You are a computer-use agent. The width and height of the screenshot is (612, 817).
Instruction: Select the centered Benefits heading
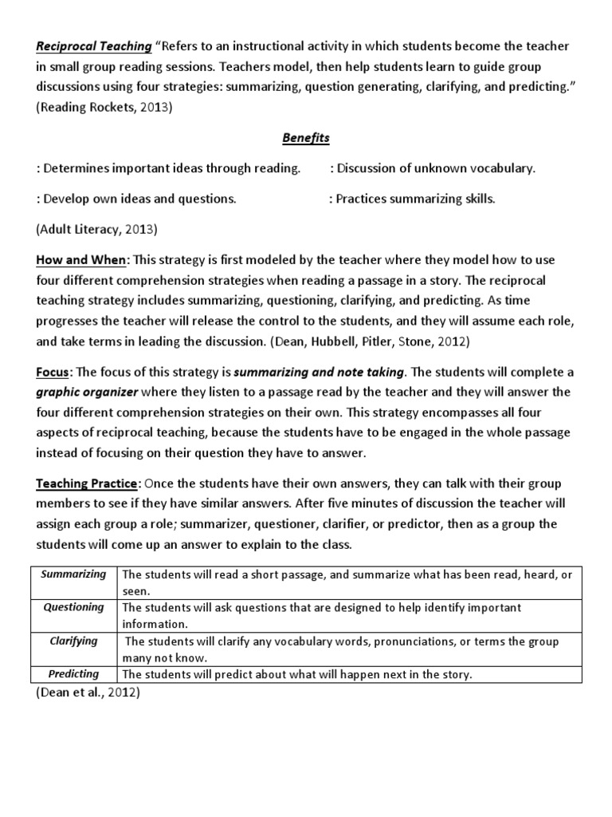point(306,138)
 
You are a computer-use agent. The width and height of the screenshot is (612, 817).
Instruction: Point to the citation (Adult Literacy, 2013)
point(96,229)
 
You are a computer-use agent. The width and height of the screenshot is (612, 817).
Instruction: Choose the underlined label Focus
point(53,372)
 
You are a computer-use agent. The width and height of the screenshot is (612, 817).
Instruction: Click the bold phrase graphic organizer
point(87,392)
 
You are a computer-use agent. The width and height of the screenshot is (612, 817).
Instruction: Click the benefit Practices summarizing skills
point(412,199)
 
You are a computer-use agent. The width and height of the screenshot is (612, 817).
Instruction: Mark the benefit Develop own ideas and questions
point(136,199)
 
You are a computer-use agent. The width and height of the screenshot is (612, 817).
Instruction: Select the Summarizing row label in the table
point(73,574)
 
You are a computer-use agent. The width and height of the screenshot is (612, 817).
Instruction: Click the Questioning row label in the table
point(73,608)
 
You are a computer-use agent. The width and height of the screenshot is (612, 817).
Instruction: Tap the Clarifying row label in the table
point(73,641)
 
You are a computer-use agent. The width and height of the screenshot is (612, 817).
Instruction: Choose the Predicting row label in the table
point(73,674)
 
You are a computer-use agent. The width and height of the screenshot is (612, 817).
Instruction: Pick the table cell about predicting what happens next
point(297,675)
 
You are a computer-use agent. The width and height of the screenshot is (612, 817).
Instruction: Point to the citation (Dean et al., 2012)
point(88,693)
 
